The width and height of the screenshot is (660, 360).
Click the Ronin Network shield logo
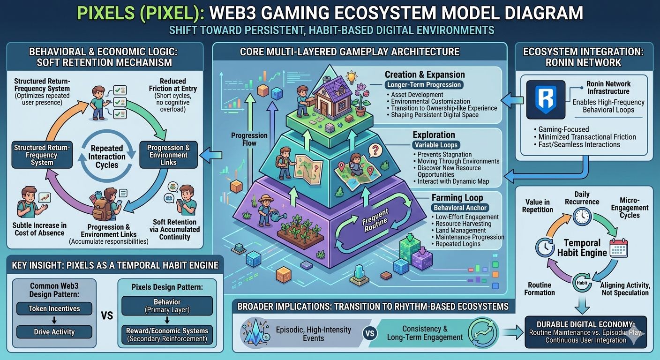[x=545, y=99]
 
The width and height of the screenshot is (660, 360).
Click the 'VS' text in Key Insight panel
[x=107, y=315]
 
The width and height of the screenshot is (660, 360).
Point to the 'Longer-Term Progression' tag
[x=424, y=85]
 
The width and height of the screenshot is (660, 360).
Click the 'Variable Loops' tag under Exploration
[x=435, y=145]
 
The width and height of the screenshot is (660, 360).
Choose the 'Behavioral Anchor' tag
[x=460, y=207]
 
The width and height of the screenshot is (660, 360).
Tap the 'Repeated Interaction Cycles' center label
[x=107, y=157]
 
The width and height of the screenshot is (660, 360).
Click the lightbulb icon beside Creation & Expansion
[x=351, y=77]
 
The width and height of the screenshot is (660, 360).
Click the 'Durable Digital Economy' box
[x=585, y=331]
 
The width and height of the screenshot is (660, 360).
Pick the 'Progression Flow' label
[x=249, y=139]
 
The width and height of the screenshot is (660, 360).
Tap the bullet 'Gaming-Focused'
[x=563, y=128]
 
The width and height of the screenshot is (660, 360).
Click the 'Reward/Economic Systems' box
[x=167, y=334]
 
